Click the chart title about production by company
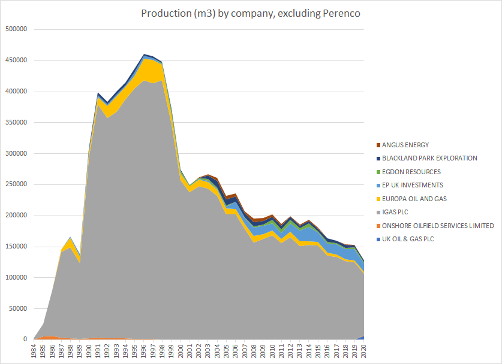click(251, 13)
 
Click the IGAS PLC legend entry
click(399, 212)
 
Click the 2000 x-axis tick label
click(181, 351)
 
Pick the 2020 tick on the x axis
click(361, 351)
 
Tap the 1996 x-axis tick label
click(145, 351)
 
